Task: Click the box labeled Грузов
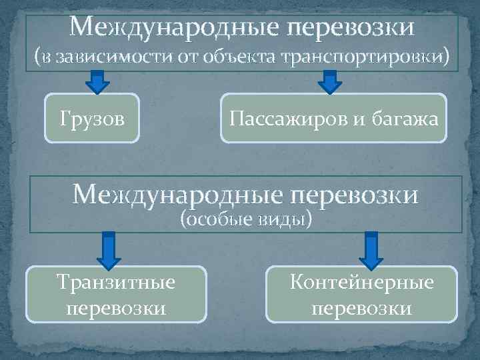click(x=92, y=119)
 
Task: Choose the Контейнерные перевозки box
click(x=362, y=295)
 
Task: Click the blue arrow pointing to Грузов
click(x=99, y=81)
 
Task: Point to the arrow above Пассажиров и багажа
click(x=329, y=81)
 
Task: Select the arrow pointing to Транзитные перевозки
click(x=109, y=249)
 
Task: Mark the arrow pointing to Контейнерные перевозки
click(x=371, y=249)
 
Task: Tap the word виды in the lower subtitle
click(x=286, y=219)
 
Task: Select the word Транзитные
click(x=117, y=283)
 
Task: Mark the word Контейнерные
click(x=362, y=283)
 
